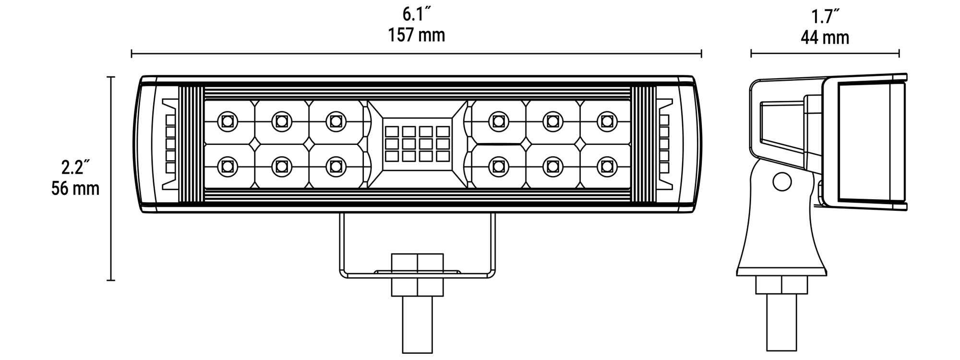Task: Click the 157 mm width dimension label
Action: coord(417,35)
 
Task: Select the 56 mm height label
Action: coord(75,188)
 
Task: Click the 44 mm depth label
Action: coord(825,37)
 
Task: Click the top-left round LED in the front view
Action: coord(227,121)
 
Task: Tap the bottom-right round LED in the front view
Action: coord(607,166)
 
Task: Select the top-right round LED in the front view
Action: coord(607,121)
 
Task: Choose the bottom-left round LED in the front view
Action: coord(227,166)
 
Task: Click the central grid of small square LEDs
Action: coord(417,144)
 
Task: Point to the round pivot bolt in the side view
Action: coord(782,181)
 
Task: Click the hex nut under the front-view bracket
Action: coord(418,275)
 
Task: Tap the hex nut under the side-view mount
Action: coord(781,285)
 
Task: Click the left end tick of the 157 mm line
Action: coord(132,53)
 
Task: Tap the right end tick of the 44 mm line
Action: coord(899,54)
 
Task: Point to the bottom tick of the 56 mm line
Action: coord(111,280)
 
